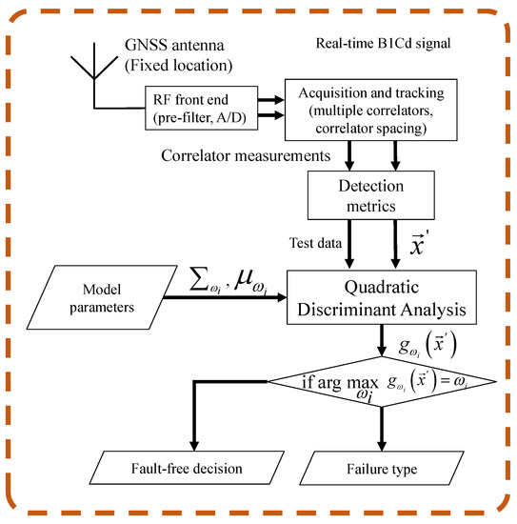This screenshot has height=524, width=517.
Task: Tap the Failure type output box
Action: pyautogui.click(x=382, y=469)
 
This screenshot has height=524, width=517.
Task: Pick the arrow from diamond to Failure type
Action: pyautogui.click(x=382, y=427)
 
